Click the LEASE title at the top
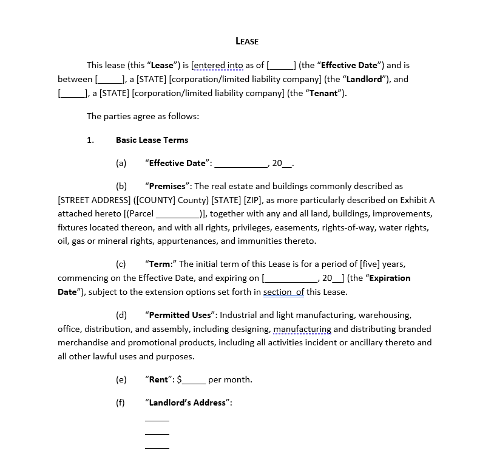(247, 41)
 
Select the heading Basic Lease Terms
(152, 140)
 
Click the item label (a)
(121, 163)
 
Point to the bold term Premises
(167, 186)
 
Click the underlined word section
(278, 292)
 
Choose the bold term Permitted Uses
(180, 315)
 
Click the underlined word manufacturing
(302, 329)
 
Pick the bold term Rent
(158, 379)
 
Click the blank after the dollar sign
(194, 381)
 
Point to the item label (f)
(121, 402)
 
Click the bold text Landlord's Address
(188, 402)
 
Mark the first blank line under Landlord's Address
(157, 420)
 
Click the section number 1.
(90, 140)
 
